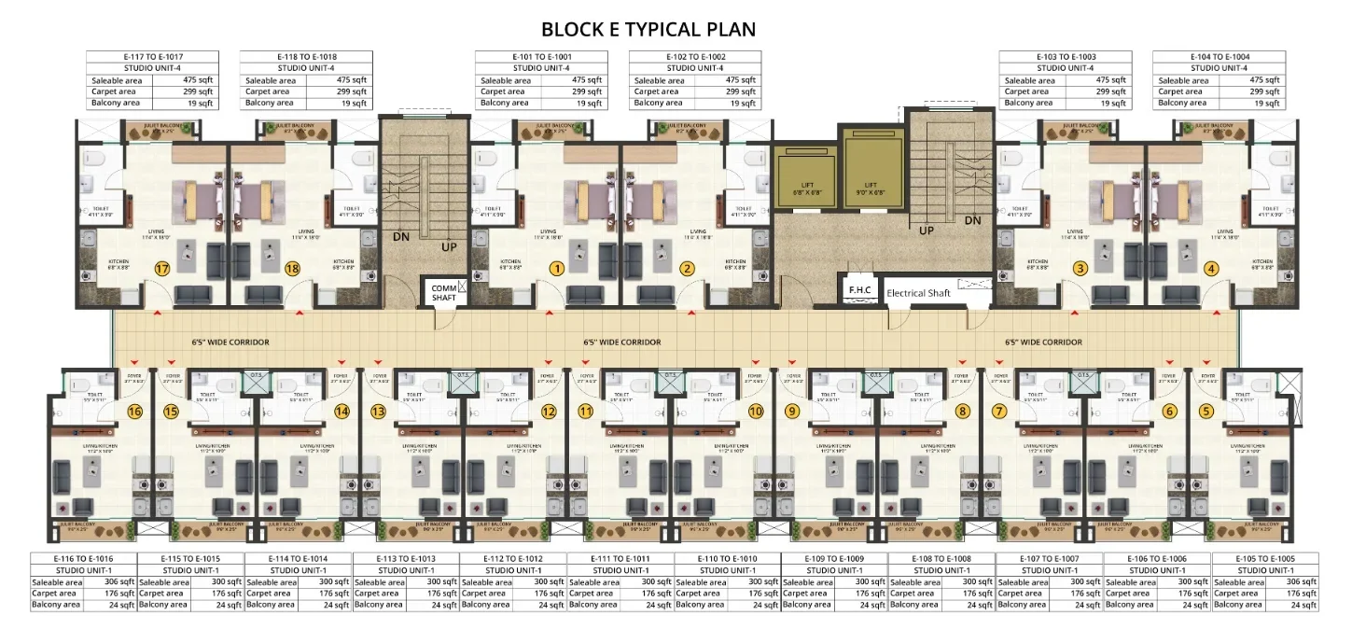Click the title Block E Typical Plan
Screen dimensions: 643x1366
pyautogui.click(x=648, y=29)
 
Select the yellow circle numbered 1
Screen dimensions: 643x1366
pyautogui.click(x=557, y=269)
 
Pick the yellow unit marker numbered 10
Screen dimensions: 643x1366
pyautogui.click(x=756, y=411)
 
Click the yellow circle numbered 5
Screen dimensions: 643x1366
pyautogui.click(x=1206, y=411)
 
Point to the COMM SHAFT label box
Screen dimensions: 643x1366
pyautogui.click(x=444, y=292)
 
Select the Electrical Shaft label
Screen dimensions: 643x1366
pyautogui.click(x=919, y=293)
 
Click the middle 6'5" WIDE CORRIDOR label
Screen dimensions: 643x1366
pyautogui.click(x=621, y=342)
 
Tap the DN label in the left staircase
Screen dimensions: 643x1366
pyautogui.click(x=400, y=237)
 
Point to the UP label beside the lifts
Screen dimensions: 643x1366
pyautogui.click(x=927, y=230)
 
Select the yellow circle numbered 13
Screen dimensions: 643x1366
pyautogui.click(x=378, y=411)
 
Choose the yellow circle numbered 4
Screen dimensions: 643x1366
pyautogui.click(x=1211, y=269)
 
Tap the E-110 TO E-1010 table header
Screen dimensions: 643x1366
pyautogui.click(x=727, y=559)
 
